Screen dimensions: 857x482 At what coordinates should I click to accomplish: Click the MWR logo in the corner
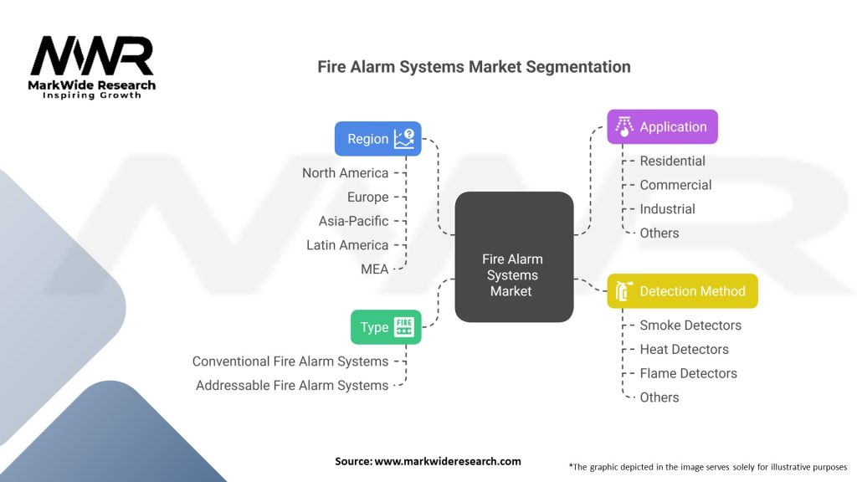(92, 67)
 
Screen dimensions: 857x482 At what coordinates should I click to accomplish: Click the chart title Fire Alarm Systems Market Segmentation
(474, 67)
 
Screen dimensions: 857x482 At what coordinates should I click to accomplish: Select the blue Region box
(377, 139)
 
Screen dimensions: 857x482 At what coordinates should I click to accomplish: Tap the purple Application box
(662, 127)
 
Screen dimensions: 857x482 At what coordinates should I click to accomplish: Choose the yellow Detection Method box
(682, 290)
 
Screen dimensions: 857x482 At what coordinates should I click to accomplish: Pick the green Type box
(386, 327)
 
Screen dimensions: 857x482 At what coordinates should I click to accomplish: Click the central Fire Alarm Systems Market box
(514, 257)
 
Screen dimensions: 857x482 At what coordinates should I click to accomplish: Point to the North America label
(346, 172)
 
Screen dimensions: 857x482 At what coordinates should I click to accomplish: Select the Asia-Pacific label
(354, 221)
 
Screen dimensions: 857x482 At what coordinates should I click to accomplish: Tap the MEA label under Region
(374, 269)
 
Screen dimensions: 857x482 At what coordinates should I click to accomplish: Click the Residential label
(672, 161)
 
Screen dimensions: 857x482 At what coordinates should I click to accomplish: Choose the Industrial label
(667, 208)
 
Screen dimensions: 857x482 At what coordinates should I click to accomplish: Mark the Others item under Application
(659, 233)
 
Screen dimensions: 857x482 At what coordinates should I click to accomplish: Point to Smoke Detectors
(690, 326)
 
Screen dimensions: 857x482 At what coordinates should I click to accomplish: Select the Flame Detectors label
(688, 373)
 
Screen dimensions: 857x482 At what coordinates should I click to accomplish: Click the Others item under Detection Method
(659, 397)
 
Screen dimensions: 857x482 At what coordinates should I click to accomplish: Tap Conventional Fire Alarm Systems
(290, 361)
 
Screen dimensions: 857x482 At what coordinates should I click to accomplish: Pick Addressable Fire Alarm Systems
(292, 385)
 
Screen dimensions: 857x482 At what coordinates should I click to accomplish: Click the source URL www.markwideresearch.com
(448, 461)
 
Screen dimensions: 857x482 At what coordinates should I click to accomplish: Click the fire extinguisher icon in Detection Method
(624, 290)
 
